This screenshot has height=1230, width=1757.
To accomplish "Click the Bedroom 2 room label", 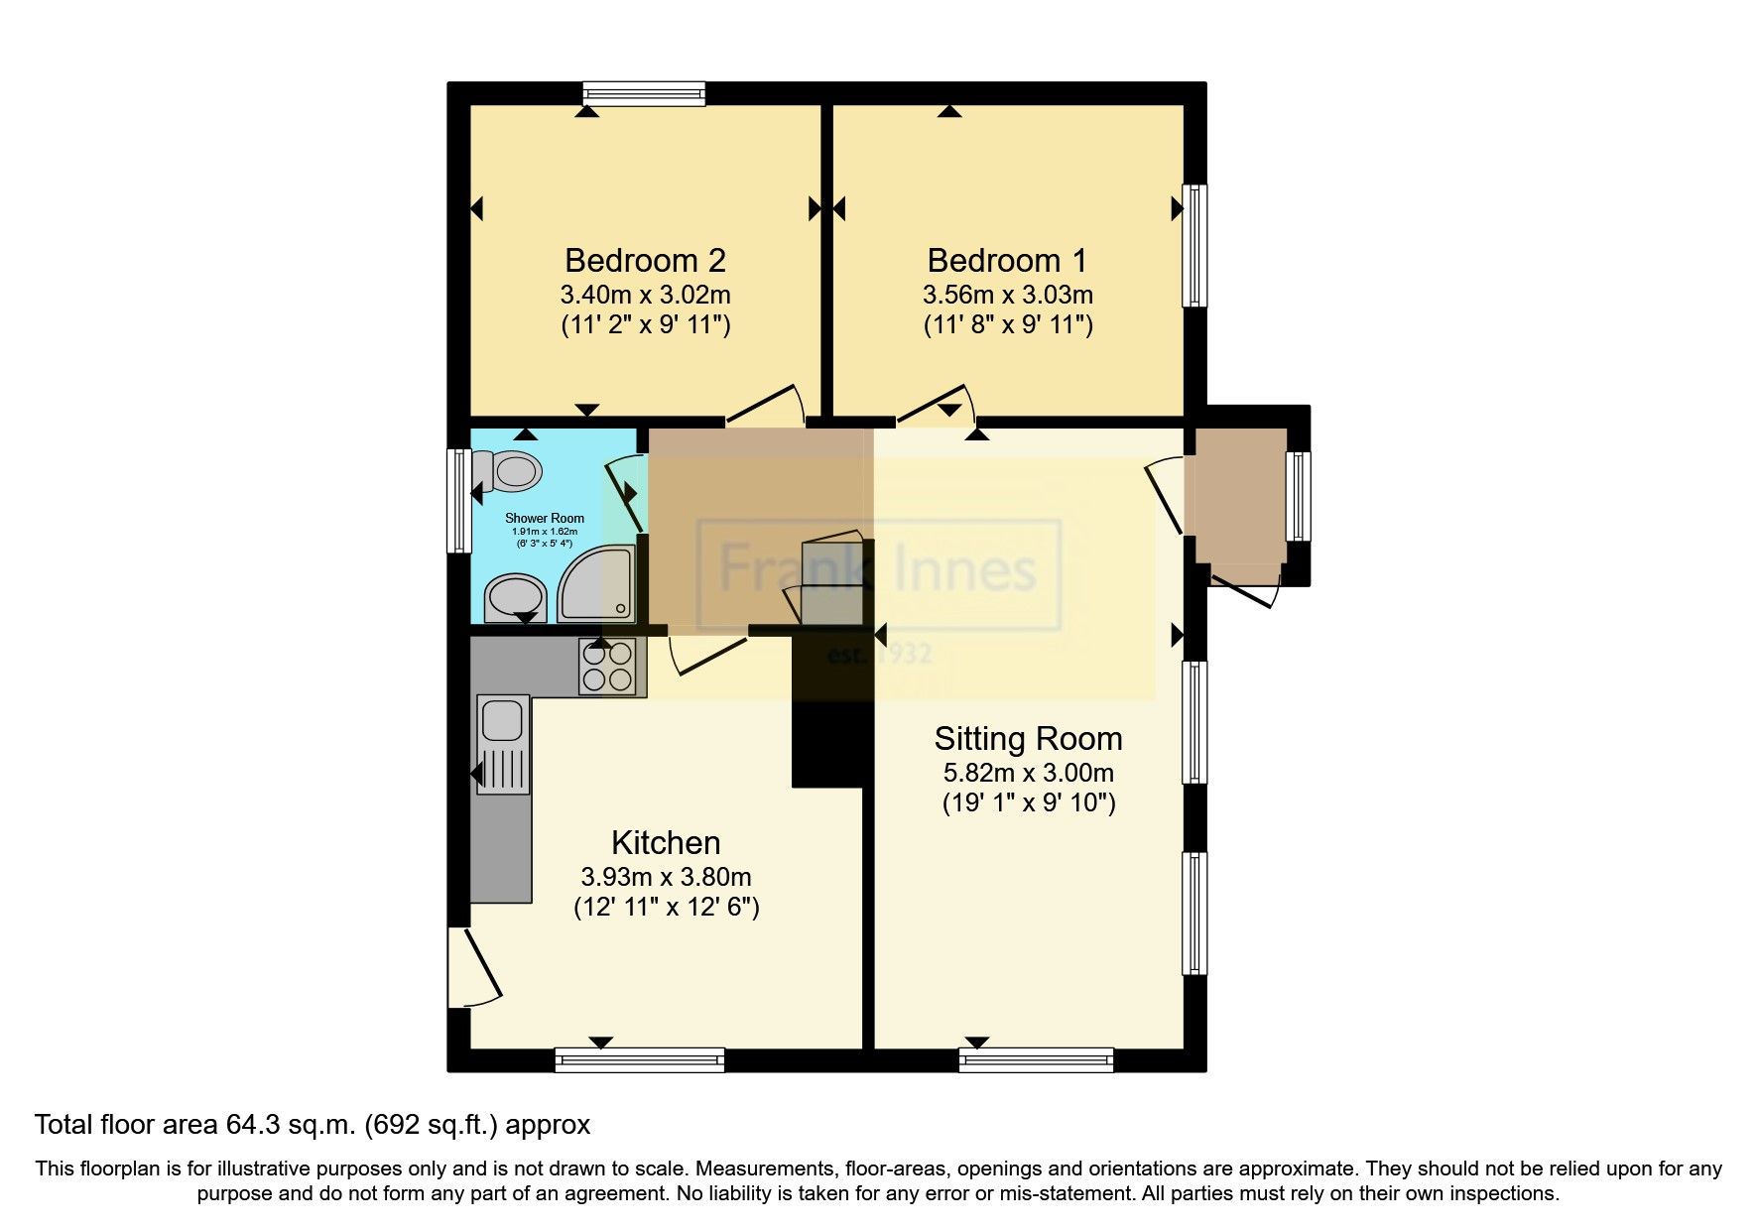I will tap(645, 261).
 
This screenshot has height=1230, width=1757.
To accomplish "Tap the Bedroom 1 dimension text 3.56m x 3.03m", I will tap(1007, 295).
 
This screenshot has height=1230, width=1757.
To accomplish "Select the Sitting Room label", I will tap(1028, 739).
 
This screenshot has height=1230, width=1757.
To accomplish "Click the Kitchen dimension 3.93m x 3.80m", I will tap(665, 877).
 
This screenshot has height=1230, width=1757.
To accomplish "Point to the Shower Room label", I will tap(545, 518).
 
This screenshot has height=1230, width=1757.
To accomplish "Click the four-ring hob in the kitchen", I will tap(608, 666).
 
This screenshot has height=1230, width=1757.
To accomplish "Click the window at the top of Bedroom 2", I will tap(644, 93).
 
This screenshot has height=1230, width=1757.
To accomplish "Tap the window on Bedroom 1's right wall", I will tap(1195, 245).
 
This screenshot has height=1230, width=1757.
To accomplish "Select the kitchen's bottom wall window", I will tap(640, 1060).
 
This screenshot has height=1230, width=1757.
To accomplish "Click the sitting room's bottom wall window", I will tap(1036, 1060).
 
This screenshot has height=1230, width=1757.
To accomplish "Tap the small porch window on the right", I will tap(1299, 496).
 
